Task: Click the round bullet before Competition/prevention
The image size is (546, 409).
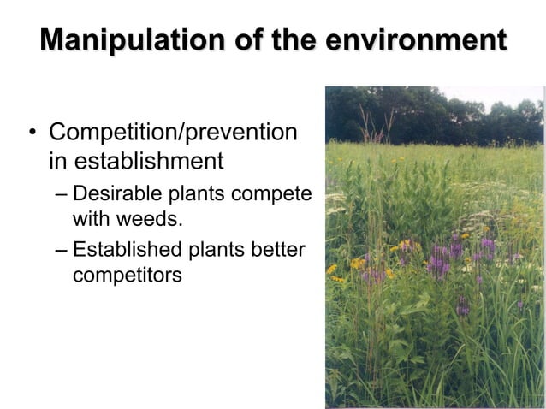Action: [x=32, y=134]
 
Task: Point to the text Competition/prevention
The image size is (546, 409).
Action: [x=174, y=133]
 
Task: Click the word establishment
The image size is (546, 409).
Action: [x=149, y=161]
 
